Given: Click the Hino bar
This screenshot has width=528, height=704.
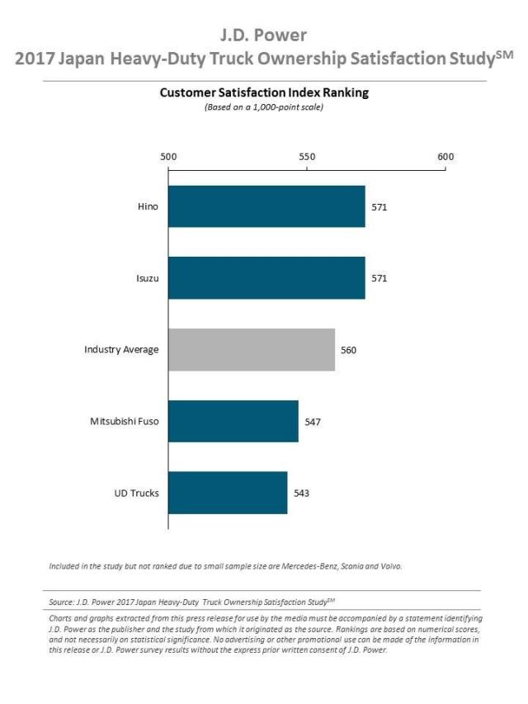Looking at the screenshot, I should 266,206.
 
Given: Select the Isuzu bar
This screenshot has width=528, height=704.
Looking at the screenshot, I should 266,278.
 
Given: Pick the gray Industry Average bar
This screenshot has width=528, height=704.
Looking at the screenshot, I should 252,350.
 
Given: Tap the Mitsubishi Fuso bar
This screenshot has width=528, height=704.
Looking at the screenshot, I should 233,422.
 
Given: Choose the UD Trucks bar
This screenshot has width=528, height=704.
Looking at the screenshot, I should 228,493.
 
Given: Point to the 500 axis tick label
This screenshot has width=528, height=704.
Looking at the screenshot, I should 168,157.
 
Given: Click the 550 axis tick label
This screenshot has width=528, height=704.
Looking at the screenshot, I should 307,157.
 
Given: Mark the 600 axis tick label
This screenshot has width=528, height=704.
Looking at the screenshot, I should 445,157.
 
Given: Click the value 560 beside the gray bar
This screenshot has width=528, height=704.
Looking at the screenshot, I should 348,350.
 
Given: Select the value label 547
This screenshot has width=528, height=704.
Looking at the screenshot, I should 312,422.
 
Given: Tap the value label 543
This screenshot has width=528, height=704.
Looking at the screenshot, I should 301,494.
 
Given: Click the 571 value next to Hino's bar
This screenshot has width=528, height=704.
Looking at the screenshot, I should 379,207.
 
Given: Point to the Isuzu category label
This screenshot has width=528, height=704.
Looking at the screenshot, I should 148,278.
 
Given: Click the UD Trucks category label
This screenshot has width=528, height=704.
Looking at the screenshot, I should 136,494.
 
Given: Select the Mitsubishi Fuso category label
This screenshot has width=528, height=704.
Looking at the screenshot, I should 125,422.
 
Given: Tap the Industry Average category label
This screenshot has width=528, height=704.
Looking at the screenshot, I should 121,350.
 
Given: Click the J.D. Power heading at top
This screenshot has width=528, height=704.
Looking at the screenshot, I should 264,35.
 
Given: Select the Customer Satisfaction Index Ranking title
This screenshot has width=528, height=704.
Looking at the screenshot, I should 264,93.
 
